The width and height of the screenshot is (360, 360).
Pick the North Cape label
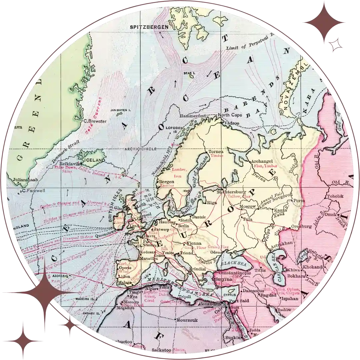point(230,115)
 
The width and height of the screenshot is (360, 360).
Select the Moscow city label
point(247,207)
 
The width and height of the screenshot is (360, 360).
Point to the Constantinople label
point(235,273)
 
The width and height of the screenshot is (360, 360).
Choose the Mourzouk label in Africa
point(187,320)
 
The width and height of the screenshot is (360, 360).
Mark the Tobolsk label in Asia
point(335,196)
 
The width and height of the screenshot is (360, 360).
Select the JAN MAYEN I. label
point(121,109)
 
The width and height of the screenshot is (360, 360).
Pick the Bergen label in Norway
point(167,182)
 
